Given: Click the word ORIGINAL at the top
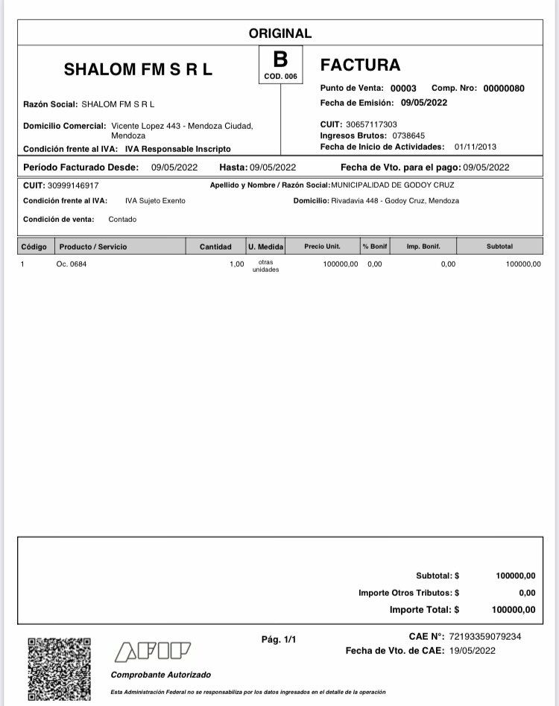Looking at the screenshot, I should pyautogui.click(x=280, y=34).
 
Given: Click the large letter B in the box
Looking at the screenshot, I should pyautogui.click(x=280, y=60).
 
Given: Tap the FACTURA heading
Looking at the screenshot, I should pyautogui.click(x=360, y=65).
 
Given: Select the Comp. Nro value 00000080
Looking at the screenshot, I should pyautogui.click(x=504, y=89).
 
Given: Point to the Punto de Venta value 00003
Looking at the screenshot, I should pyautogui.click(x=403, y=89).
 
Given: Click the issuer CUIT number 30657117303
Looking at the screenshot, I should pyautogui.click(x=372, y=124).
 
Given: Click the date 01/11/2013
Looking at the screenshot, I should pyautogui.click(x=475, y=147).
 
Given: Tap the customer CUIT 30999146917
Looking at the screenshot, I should pyautogui.click(x=73, y=185).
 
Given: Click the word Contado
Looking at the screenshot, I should pyautogui.click(x=122, y=220).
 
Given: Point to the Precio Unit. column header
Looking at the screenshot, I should pyautogui.click(x=322, y=247).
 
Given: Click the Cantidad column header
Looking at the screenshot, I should pyautogui.click(x=215, y=247).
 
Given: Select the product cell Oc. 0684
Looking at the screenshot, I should pyautogui.click(x=72, y=264).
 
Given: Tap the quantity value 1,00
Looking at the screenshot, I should pyautogui.click(x=236, y=264).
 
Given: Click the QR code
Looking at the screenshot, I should pyautogui.click(x=60, y=668).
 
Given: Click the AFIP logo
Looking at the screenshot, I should pyautogui.click(x=153, y=652).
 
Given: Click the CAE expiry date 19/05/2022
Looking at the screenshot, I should pyautogui.click(x=473, y=651).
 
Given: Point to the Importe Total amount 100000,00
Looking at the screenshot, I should pyautogui.click(x=515, y=610).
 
